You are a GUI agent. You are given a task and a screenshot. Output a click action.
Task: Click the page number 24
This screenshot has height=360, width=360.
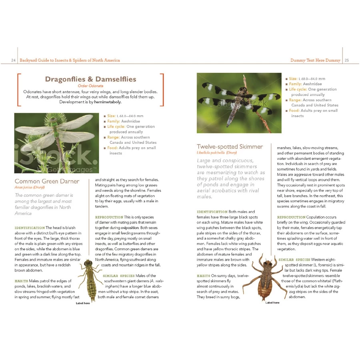(x=13, y=60)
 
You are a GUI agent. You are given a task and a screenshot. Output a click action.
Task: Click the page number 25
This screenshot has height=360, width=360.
(x=346, y=60)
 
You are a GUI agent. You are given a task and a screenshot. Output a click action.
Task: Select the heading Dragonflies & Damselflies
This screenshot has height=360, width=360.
(x=90, y=79)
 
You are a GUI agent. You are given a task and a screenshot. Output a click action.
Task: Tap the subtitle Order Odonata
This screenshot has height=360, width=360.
(x=90, y=86)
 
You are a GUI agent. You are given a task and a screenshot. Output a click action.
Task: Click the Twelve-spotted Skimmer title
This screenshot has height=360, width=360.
(x=230, y=147)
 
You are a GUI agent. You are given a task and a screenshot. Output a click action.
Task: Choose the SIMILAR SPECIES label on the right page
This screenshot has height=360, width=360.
(x=294, y=260)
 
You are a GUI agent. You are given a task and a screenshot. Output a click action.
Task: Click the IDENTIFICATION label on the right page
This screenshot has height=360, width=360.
(x=212, y=212)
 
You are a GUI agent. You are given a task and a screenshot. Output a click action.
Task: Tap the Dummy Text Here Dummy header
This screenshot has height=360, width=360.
(x=315, y=60)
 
